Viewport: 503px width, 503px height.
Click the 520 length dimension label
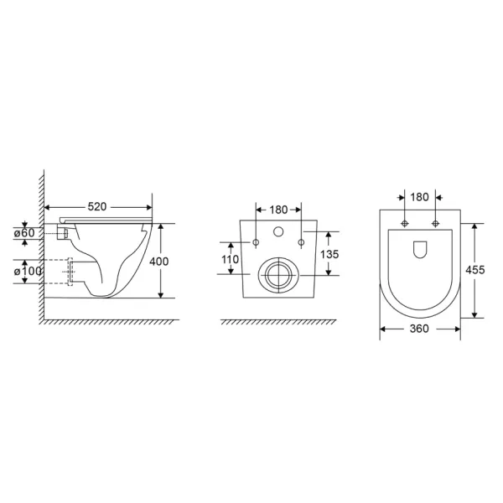[97, 207]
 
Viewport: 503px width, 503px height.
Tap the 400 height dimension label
[158, 262]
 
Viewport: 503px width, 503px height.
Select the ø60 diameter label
[24, 233]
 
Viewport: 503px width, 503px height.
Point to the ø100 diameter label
[28, 272]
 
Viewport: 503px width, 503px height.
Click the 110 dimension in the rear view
[230, 259]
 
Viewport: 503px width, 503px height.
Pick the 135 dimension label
[329, 254]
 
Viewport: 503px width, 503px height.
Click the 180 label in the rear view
[278, 210]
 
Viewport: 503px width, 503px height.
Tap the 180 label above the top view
[420, 197]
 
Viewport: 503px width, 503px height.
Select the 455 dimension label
[475, 270]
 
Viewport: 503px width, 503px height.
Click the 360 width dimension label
[419, 329]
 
